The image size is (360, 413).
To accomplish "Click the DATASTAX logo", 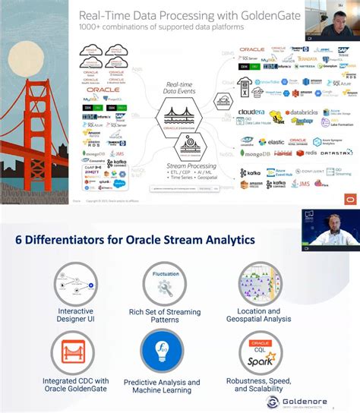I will (336, 153).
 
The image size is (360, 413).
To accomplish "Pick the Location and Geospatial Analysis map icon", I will (264, 286).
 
